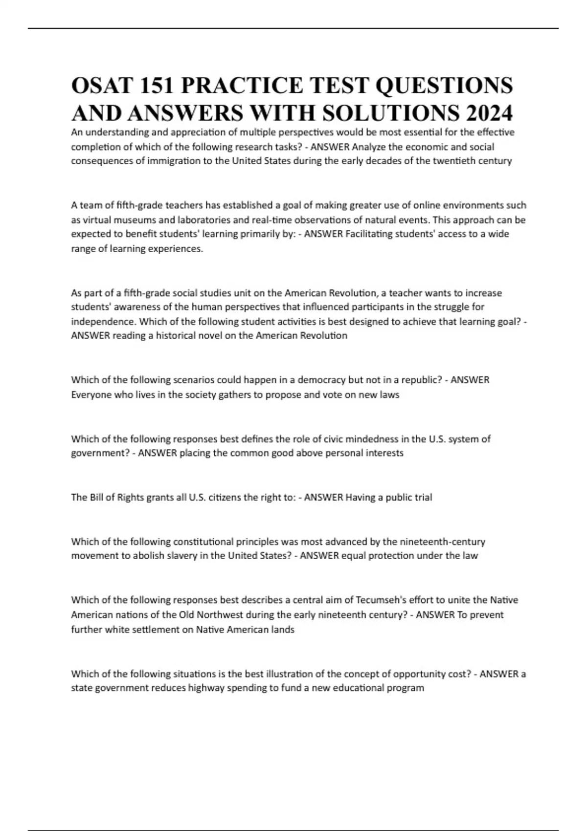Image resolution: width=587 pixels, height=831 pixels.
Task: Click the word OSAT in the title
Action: pyautogui.click(x=102, y=86)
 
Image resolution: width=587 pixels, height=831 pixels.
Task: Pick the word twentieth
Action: pyautogui.click(x=455, y=161)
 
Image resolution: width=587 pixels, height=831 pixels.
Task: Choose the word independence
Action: pyautogui.click(x=101, y=322)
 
